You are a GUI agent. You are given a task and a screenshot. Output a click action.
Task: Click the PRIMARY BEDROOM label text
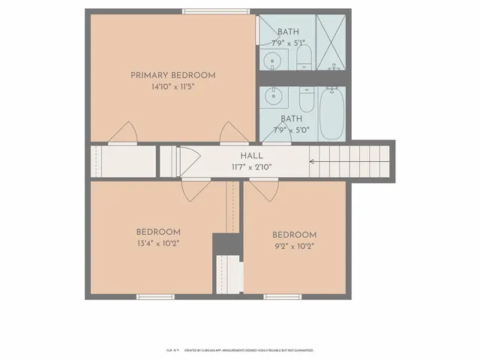coord(172,75)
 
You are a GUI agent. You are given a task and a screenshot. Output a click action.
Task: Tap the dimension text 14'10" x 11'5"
coord(172,86)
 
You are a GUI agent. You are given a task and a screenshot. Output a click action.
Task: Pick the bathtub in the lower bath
coord(331,112)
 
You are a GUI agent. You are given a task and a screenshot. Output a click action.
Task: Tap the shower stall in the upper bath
coord(331,43)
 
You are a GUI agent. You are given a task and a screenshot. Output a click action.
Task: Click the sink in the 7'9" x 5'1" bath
coord(272,60)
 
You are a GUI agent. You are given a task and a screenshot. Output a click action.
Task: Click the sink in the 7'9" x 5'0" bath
coord(272,95)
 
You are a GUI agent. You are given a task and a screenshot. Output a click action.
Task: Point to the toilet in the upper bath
coord(304,58)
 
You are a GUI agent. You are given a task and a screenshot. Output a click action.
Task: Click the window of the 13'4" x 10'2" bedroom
coord(155,297)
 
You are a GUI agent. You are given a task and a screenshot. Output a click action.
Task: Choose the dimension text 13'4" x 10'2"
coord(157,243)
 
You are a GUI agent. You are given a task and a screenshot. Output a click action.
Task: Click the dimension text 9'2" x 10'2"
coord(294,245)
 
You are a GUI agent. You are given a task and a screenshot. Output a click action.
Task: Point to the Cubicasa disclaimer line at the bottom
coord(240,350)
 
